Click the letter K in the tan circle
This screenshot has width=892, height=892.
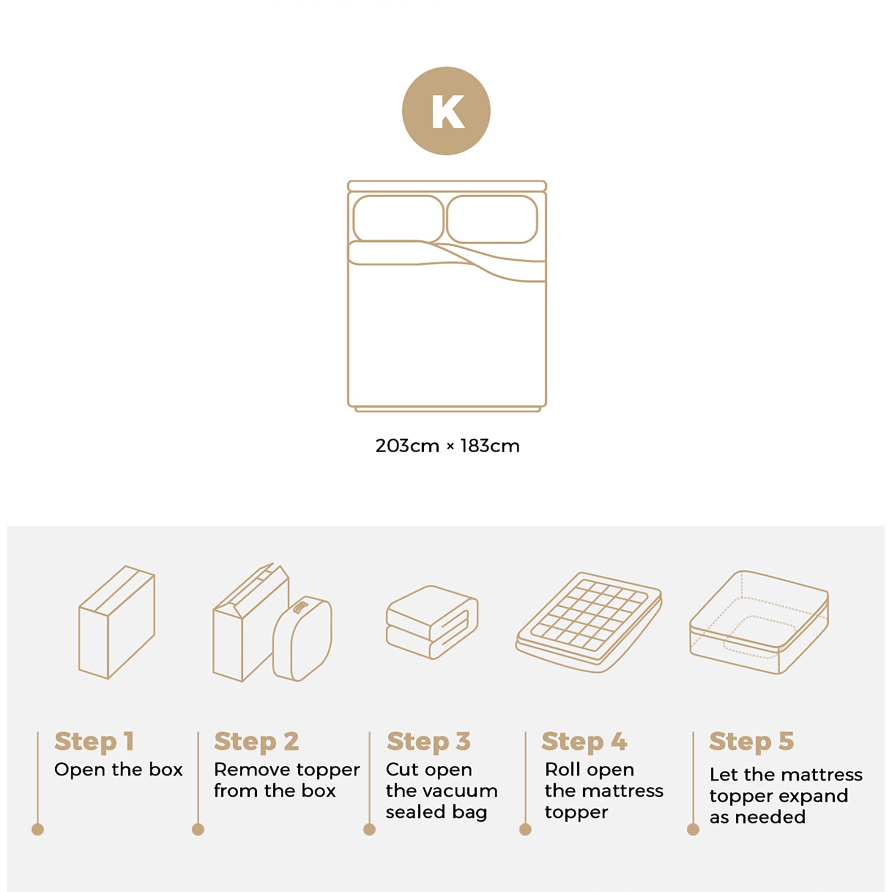click(447, 111)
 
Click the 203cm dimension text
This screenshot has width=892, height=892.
click(407, 446)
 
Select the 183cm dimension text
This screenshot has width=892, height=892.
click(489, 446)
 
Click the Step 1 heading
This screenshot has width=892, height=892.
click(94, 741)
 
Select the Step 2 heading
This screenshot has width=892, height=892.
click(256, 741)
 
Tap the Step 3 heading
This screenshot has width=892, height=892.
click(429, 741)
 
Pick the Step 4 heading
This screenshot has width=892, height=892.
click(584, 741)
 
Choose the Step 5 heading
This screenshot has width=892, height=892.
click(751, 741)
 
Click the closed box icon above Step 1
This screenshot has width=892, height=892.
click(117, 622)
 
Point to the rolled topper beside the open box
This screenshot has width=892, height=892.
click(303, 639)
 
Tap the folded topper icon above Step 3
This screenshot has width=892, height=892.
click(432, 622)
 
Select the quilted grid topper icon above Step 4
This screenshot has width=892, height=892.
click(589, 621)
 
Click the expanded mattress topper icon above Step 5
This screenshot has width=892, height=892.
click(759, 622)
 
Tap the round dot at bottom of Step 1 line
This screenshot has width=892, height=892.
click(38, 830)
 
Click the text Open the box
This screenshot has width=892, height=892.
click(118, 770)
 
